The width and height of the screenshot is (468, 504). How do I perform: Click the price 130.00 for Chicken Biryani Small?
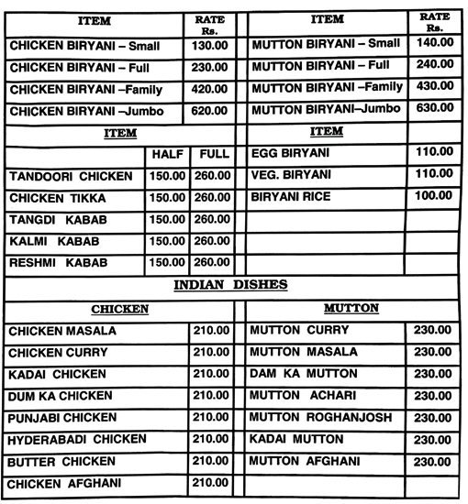(x=209, y=44)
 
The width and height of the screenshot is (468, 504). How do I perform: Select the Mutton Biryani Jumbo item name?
(x=326, y=110)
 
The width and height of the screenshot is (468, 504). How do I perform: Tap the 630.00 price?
(x=434, y=110)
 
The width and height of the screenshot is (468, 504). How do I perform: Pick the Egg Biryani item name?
(x=290, y=153)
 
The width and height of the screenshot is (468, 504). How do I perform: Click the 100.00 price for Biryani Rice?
(x=434, y=197)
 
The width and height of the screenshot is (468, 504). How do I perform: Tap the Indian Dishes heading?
(x=231, y=285)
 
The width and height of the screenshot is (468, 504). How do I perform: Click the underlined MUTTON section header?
(x=351, y=309)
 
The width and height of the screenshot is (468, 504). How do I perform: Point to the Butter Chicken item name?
(x=62, y=461)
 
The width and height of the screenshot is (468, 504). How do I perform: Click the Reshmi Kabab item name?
(x=59, y=263)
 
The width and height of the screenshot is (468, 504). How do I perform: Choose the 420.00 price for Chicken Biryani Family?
(x=209, y=88)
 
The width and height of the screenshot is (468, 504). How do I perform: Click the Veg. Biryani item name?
(x=292, y=175)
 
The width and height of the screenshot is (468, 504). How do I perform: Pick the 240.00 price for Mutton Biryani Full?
(x=434, y=66)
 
